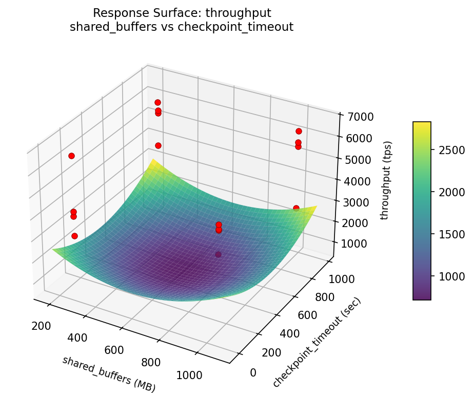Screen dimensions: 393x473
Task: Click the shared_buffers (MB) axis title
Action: click(x=109, y=373)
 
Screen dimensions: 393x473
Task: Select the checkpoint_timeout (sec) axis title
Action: click(x=317, y=342)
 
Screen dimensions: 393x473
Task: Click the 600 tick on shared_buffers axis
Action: click(x=114, y=350)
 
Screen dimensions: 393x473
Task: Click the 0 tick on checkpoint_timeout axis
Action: click(x=253, y=372)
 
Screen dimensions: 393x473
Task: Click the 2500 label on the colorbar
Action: click(x=450, y=151)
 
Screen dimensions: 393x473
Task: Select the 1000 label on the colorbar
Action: click(x=450, y=276)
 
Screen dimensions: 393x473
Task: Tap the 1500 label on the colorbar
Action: click(x=450, y=234)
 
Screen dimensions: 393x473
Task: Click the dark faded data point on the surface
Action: click(x=219, y=254)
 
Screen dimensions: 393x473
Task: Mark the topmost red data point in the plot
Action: click(x=157, y=103)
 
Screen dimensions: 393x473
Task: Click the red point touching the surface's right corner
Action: click(x=296, y=208)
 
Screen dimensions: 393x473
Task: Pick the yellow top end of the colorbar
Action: click(x=422, y=124)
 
